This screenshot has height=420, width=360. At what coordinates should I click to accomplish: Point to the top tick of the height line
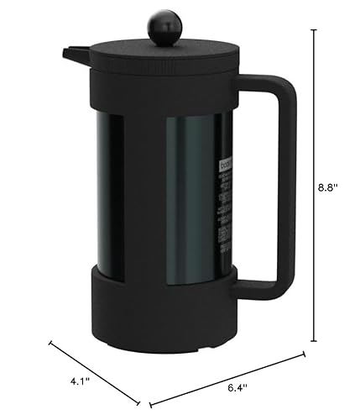pos(314,29)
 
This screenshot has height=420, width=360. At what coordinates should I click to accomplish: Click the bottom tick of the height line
pos(314,341)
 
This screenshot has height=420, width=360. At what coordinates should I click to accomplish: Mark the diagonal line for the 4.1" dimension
pos(94,360)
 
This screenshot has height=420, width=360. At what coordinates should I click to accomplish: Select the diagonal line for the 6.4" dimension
pos(227,377)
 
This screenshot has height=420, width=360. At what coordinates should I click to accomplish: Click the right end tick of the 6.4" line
pos(302,354)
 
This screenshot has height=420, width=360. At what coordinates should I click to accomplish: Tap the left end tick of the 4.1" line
pos(52,342)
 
